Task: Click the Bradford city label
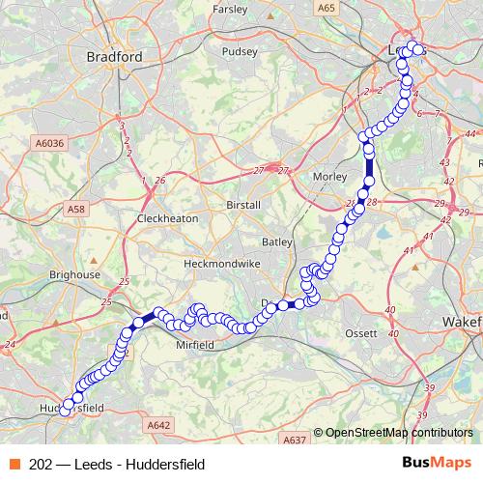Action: (114, 57)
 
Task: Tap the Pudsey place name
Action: (237, 52)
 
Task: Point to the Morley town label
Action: (330, 177)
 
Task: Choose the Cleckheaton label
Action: (167, 218)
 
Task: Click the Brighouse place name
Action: (74, 274)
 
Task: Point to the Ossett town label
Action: (363, 333)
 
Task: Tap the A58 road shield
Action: (77, 208)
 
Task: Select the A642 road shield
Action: (159, 424)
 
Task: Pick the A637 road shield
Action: (295, 440)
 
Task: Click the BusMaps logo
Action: (436, 463)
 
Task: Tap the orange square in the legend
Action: (14, 464)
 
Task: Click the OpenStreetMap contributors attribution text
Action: (397, 434)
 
